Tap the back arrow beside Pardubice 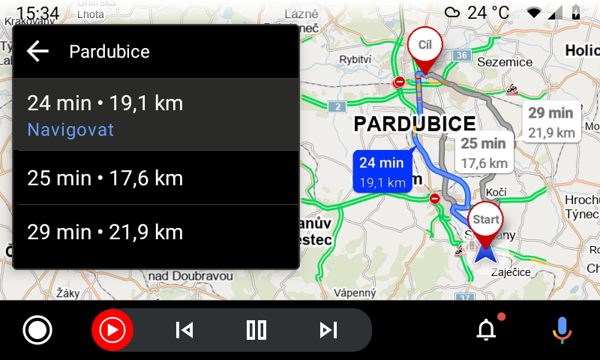click(x=37, y=51)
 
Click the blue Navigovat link click(x=70, y=130)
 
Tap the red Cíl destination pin click(x=425, y=46)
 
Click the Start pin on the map click(x=485, y=222)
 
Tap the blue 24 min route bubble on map click(x=382, y=172)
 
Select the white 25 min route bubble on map click(x=484, y=153)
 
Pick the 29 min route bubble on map click(x=550, y=122)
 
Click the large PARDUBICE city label click(x=415, y=124)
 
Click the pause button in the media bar click(x=256, y=330)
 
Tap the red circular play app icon click(x=112, y=330)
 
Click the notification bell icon click(x=487, y=329)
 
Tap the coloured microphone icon click(x=561, y=330)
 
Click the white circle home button click(x=37, y=330)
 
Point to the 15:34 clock click(x=37, y=13)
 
